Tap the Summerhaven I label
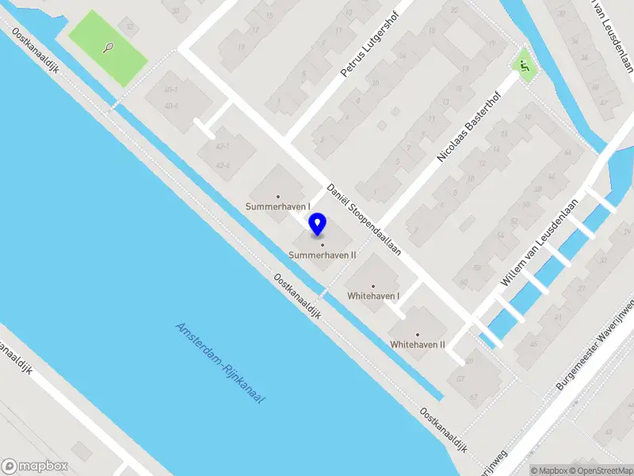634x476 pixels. coord(277,207)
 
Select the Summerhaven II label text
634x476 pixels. coord(322,255)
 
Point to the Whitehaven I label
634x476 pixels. coord(373,296)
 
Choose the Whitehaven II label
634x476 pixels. coord(418,344)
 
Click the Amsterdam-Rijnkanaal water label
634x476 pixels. coord(220,363)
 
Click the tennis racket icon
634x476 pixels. coord(108,47)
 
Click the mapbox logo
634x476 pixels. coord(35,466)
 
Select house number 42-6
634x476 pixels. coord(223,165)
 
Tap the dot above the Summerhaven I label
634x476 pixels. coord(277,196)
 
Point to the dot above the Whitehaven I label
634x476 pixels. coord(373,286)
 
